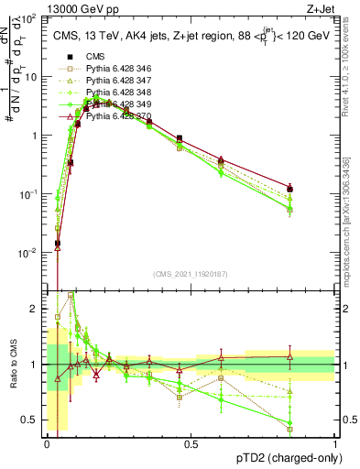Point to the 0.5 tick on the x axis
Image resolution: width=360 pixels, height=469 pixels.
click(191, 443)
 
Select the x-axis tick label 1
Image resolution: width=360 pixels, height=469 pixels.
click(334, 443)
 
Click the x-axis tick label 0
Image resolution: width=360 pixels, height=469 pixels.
click(47, 443)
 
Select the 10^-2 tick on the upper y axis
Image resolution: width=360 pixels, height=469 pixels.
click(31, 252)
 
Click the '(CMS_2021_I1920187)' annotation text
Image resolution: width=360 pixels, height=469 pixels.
click(191, 274)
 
